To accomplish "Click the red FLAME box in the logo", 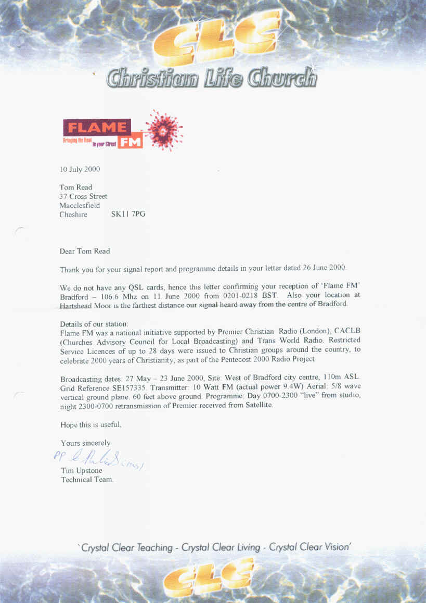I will click(97, 127).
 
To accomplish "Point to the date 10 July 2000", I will click(80, 169).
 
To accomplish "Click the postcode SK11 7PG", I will click(128, 215).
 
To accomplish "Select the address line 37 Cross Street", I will click(83, 196).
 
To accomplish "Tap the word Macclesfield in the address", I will click(80, 206).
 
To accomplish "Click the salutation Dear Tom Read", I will click(85, 251).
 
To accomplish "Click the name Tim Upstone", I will click(82, 470).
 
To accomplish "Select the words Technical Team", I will click(87, 479).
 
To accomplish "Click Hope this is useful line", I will click(91, 424).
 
